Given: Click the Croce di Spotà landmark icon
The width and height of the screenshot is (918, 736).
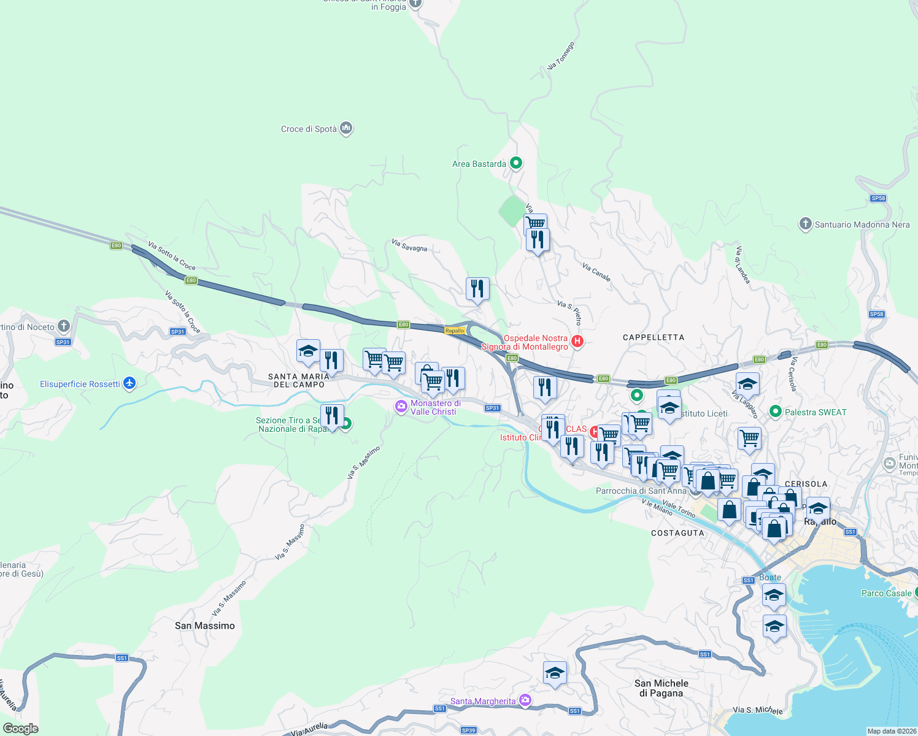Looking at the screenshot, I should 346,128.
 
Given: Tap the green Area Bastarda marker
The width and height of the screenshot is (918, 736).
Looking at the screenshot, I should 516,163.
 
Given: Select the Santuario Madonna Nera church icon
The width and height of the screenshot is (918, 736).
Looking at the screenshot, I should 805,224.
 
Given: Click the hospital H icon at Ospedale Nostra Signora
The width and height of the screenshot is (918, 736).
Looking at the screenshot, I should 577,341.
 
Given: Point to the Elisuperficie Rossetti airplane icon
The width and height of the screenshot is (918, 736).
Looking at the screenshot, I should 129,383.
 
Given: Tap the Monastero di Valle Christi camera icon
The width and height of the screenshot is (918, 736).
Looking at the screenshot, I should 401,407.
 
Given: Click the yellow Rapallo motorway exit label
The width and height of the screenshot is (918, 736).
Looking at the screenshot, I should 455,331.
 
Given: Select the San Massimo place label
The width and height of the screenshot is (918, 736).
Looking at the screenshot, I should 204,626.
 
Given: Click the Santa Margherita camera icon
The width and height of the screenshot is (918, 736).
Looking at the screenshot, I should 525,700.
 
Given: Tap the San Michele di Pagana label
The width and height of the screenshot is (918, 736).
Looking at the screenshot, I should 661,688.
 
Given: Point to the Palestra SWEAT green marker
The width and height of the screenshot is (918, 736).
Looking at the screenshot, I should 776,412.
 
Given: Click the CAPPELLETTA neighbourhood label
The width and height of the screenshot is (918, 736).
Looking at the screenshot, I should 653,337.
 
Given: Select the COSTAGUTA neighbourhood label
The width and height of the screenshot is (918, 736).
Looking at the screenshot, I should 677,533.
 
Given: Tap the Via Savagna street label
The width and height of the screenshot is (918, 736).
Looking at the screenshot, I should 409,246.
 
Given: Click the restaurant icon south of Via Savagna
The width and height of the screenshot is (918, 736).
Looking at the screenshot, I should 477,288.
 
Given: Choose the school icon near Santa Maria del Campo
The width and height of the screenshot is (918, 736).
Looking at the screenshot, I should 308,351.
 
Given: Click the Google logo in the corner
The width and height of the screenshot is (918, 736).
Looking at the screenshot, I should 20,728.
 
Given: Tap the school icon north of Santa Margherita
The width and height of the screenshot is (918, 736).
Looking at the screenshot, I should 555,673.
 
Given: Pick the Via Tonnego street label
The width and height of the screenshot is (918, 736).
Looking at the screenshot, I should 561,56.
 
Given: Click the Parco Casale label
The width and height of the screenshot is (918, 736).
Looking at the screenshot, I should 886,593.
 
